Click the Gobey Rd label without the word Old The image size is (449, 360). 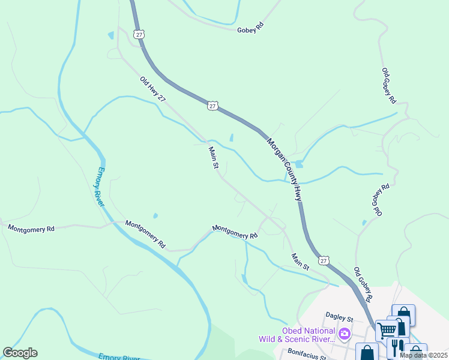250,28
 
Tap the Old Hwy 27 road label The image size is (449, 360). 152,89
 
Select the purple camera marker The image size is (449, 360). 345,333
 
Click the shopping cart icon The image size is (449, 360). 387,329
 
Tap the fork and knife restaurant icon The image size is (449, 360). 397,346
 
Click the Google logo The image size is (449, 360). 20,353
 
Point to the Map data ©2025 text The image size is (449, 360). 423,355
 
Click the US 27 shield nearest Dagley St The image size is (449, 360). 324,260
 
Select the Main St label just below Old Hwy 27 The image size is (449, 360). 212,158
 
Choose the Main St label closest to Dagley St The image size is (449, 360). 300,261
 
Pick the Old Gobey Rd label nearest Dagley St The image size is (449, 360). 363,284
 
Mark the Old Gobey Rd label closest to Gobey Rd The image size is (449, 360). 389,85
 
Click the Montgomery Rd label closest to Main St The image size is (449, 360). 234,232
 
